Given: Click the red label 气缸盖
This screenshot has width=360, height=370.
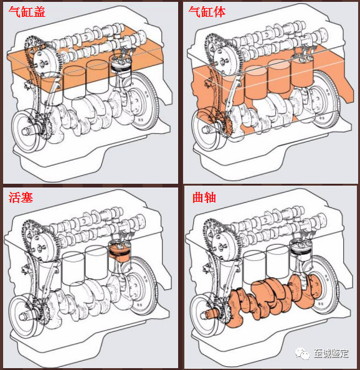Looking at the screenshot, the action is (x=27, y=12).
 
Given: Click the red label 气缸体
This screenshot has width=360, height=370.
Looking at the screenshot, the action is (x=207, y=12).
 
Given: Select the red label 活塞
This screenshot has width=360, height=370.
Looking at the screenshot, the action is (x=21, y=197).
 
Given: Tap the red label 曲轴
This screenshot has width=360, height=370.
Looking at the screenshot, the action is (x=204, y=197).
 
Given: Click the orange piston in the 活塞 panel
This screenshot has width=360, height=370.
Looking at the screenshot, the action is (x=120, y=252).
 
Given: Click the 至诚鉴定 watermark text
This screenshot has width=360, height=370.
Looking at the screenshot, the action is (x=331, y=353).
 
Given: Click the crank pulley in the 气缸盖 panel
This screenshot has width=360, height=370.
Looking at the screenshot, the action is (x=26, y=130).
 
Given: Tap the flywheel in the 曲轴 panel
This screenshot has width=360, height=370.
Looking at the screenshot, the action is (x=325, y=285).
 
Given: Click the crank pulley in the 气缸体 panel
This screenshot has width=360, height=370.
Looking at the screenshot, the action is (x=206, y=128).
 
